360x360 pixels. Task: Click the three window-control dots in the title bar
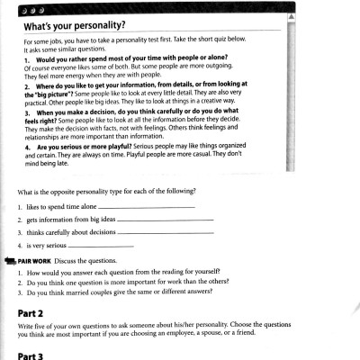pyautogui.click(x=26, y=6)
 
